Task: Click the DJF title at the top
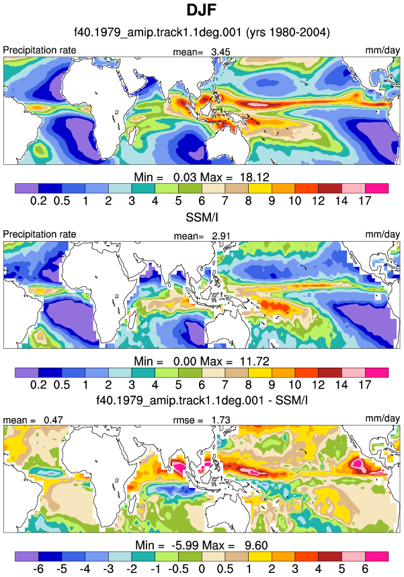point(202,9)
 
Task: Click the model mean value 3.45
point(220,52)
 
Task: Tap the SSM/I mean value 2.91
point(220,236)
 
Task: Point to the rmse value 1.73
point(220,420)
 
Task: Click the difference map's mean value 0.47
point(53,420)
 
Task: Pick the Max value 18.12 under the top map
point(255,177)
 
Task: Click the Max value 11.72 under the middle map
point(255,361)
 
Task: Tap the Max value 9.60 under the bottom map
point(256,545)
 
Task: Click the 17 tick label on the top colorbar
point(365,201)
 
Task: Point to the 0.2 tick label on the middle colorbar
point(38,384)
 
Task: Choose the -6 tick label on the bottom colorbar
point(38,568)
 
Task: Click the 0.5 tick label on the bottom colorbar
point(225,568)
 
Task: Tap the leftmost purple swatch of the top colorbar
point(27,189)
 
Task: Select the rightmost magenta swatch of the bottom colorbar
point(377,556)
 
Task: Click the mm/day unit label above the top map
point(382,50)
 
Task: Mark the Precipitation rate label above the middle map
point(39,234)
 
